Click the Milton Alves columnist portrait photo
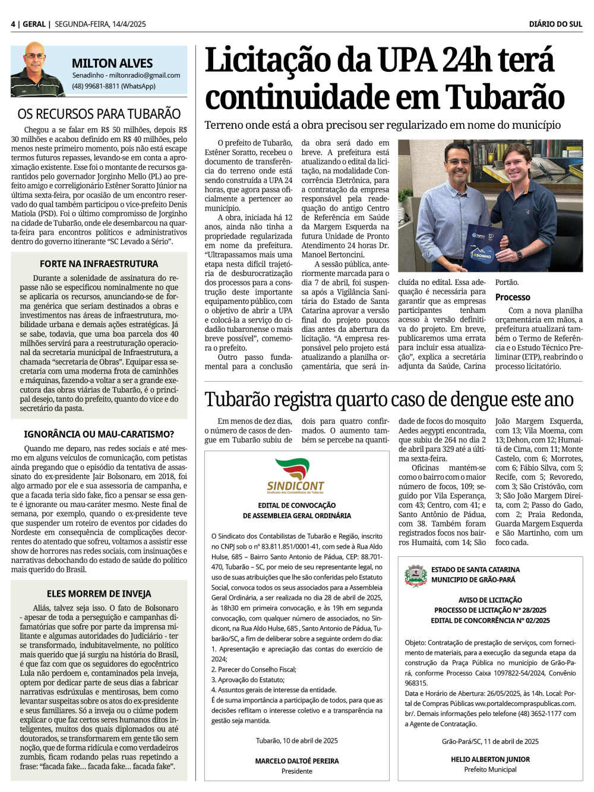click(37, 69)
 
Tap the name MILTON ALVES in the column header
click(112, 64)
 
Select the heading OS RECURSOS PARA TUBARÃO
click(99, 114)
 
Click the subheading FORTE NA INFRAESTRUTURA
click(99, 264)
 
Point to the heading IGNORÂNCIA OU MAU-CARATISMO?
click(99, 434)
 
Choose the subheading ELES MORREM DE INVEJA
click(99, 594)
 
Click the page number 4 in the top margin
click(12, 24)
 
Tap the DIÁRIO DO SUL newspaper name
click(555, 24)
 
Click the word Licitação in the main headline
click(268, 61)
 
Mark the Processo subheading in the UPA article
click(513, 297)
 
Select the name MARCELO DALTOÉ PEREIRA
click(297, 761)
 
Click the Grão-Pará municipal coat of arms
click(415, 575)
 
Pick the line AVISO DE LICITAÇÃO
click(490, 600)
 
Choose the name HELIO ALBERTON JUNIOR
click(490, 759)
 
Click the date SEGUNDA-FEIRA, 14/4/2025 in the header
click(100, 24)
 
